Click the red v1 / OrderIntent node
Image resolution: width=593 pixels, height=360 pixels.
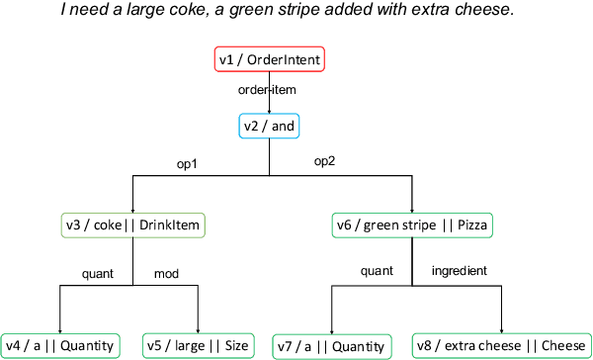pyautogui.click(x=270, y=60)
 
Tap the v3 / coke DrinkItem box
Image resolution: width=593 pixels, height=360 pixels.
pyautogui.click(x=131, y=226)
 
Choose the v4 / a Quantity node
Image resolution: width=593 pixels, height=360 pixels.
pyautogui.click(x=61, y=345)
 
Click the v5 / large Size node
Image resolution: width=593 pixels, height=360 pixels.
pyautogui.click(x=199, y=345)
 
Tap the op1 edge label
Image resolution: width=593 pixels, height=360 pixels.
pyautogui.click(x=186, y=162)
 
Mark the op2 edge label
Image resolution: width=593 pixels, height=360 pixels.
pyautogui.click(x=325, y=162)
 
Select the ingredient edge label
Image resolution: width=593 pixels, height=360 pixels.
pyautogui.click(x=461, y=270)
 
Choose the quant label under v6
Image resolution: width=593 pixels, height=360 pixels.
pyautogui.click(x=377, y=270)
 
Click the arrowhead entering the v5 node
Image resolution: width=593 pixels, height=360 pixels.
pyautogui.click(x=199, y=329)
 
